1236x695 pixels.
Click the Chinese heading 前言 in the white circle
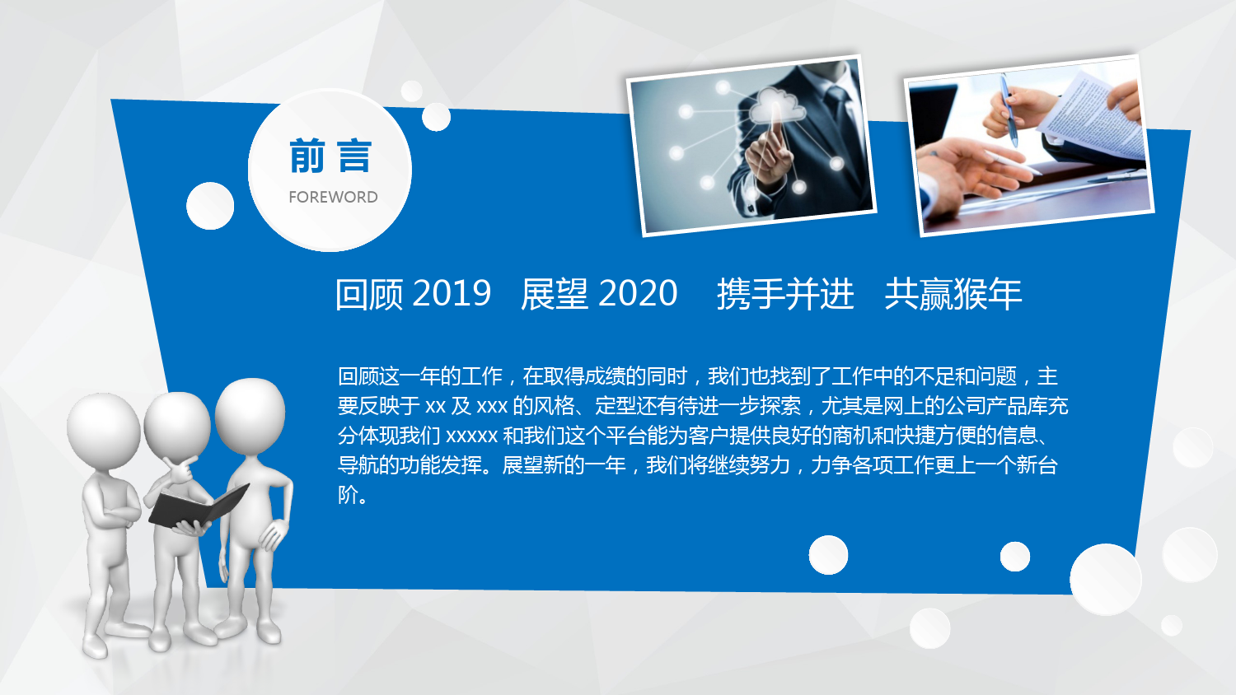tap(330, 156)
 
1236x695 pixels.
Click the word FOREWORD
tap(333, 197)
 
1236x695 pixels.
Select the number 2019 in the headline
tap(452, 293)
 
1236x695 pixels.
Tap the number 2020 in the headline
tap(638, 293)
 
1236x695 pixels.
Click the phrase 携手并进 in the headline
tap(785, 293)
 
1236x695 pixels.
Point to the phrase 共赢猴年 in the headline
tap(953, 293)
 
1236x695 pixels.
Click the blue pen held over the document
tap(1009, 110)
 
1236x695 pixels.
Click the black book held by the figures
tap(198, 506)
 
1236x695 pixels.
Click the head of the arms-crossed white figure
tap(103, 430)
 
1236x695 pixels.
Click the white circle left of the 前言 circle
tap(210, 206)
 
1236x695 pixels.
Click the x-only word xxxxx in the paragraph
tap(472, 436)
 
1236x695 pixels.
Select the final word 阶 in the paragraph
tap(348, 495)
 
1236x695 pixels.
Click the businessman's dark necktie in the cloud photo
tap(839, 110)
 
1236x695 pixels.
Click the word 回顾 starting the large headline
tap(369, 293)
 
